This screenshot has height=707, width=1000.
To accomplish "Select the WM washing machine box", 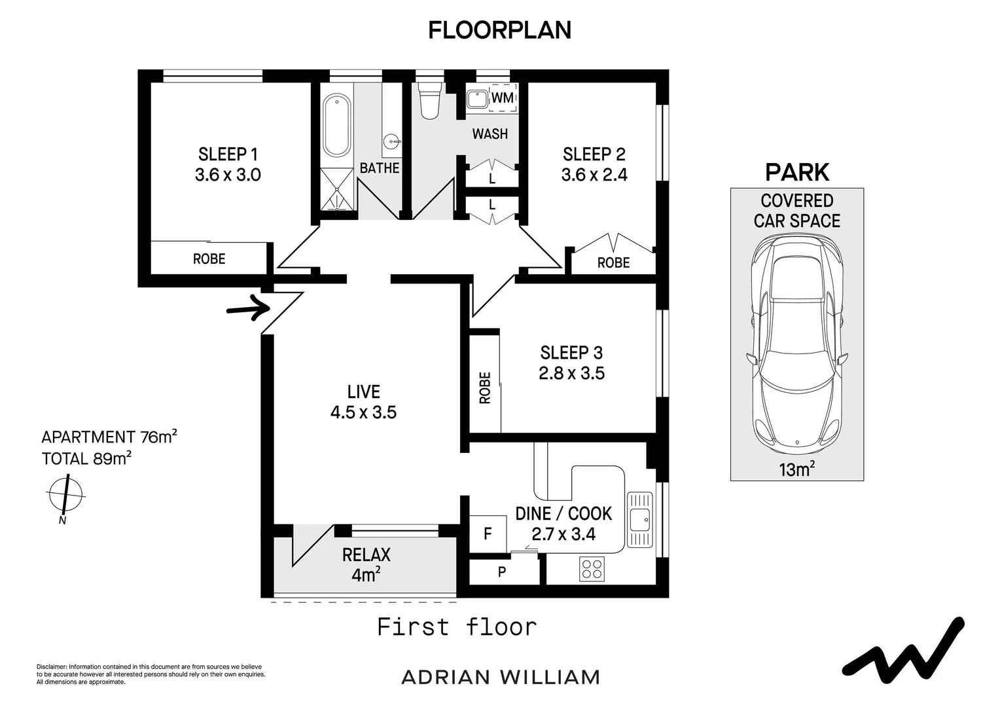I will [503, 98].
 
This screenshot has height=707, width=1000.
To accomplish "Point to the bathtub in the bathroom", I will [336, 125].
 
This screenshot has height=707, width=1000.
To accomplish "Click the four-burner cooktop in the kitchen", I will [592, 568].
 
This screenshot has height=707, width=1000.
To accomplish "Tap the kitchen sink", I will [639, 519].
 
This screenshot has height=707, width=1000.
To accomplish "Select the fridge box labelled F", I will [488, 534].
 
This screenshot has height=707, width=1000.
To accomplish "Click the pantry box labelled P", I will [502, 571].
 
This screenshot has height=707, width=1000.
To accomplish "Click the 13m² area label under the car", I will [796, 469].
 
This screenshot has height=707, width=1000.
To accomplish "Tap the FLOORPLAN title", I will [499, 30].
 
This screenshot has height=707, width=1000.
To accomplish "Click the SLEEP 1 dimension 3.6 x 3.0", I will [228, 175].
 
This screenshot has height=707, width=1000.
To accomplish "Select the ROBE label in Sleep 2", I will [613, 263].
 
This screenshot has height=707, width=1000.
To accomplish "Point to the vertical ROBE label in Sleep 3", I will [485, 388].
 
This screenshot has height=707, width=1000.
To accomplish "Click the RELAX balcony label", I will [366, 555].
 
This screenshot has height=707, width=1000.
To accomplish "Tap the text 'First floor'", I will [457, 627].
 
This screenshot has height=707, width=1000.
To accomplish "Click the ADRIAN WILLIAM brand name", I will [500, 677].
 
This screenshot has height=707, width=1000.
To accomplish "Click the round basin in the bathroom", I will [391, 140].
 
